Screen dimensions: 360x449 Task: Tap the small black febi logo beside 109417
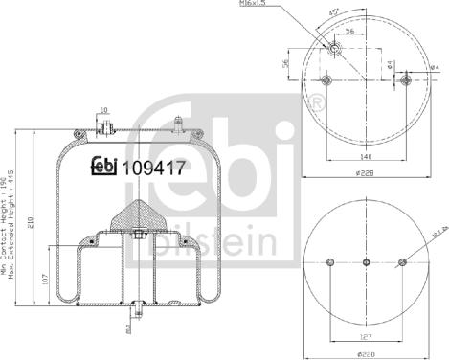pos(104,165)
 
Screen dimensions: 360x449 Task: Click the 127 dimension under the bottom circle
pos(367,336)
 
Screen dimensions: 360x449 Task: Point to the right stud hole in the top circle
pos(408,80)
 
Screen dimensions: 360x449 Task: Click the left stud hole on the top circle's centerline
pos(327,80)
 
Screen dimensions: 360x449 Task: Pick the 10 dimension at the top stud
pos(103,110)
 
